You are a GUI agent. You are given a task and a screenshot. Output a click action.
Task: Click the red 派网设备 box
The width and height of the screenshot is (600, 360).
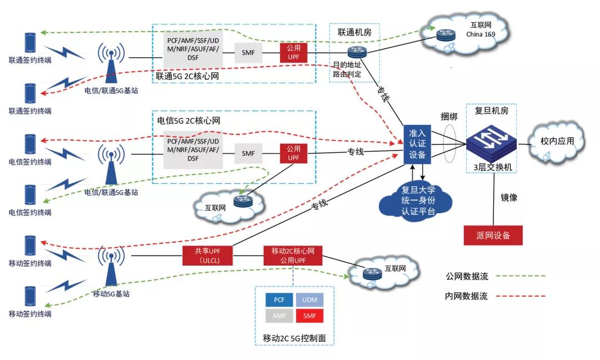point(494,235)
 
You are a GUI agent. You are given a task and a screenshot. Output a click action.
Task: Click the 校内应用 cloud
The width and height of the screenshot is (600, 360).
point(556,142)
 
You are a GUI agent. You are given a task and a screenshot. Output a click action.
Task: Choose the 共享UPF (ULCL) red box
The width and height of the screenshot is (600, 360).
point(206,256)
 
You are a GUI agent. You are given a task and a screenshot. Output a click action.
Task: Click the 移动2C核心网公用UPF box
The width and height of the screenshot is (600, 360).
point(292,256)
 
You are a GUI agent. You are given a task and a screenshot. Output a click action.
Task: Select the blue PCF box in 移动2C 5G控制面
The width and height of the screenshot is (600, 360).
point(279,300)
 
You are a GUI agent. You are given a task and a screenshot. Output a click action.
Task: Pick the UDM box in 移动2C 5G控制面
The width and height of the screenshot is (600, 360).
point(309,300)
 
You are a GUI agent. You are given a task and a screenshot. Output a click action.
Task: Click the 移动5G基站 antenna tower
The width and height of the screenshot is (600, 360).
point(111,267)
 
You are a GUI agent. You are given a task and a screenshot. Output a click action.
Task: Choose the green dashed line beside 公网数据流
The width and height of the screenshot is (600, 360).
point(520,275)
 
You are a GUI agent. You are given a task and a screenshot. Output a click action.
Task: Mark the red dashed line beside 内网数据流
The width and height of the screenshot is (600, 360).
point(520,296)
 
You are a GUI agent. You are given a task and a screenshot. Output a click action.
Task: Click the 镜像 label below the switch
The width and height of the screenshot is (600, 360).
point(508,197)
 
